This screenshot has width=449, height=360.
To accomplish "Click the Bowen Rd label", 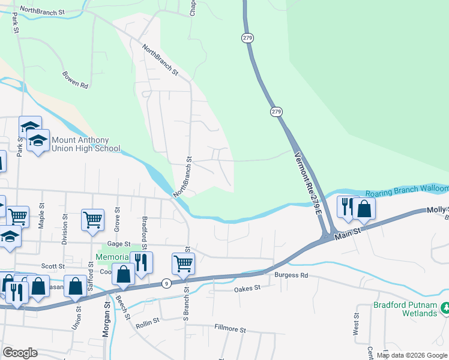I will (75, 80).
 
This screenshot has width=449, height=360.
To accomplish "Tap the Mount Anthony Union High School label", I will (86, 144).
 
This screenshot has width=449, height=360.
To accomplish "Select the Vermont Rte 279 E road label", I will (310, 183).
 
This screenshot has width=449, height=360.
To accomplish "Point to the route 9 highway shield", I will (166, 283).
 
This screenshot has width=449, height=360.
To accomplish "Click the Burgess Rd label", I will (291, 275).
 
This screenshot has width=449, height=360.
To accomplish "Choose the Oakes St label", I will (247, 289).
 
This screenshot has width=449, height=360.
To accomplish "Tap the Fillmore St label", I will (231, 329).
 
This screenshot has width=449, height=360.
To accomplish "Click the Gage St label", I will (119, 244).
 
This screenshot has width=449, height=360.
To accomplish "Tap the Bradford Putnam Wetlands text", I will (405, 308).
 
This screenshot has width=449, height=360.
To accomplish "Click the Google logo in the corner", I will (20, 353).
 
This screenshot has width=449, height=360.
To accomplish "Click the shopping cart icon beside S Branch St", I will (182, 263).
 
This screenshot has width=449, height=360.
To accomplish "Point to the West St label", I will (357, 323).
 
